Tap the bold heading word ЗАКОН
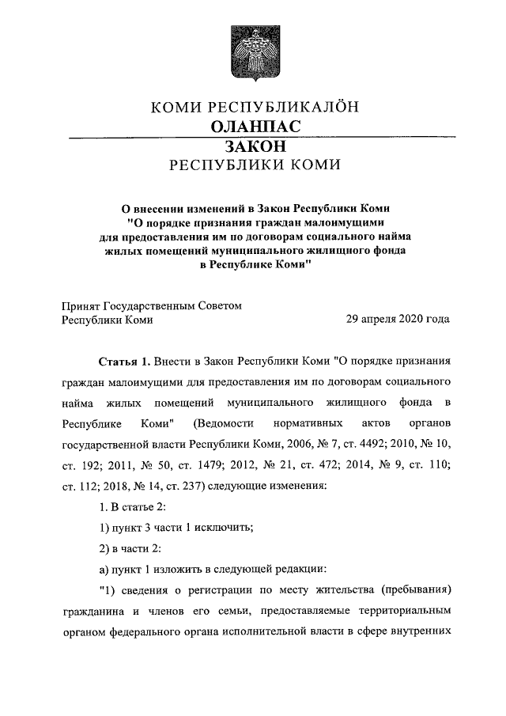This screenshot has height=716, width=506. point(254,146)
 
